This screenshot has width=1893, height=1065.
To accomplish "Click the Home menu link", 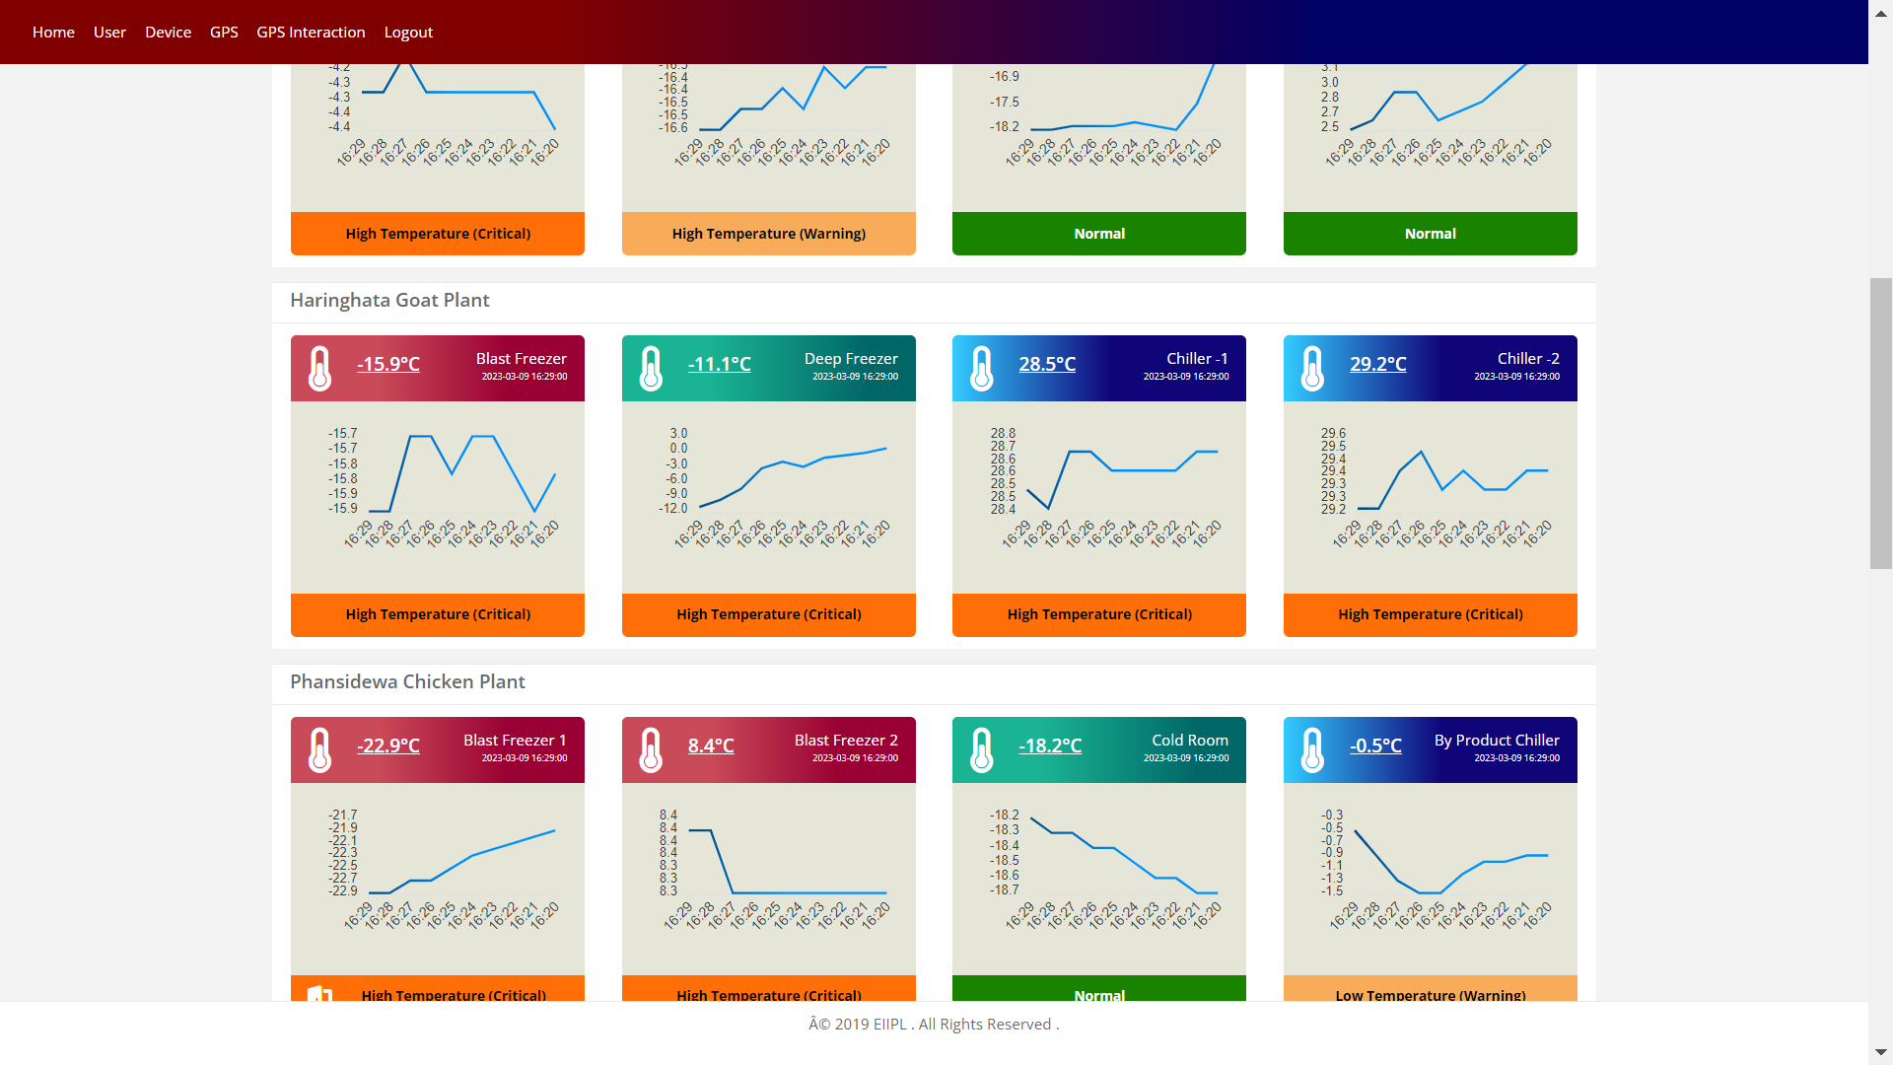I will pos(53,33).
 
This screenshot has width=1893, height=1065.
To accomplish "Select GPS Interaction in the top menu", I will pos(311,33).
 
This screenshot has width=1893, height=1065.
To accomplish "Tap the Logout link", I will pos(408,33).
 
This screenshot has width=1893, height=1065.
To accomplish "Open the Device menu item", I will pos(168,33).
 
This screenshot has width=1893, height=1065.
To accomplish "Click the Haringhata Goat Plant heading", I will pos(389,301).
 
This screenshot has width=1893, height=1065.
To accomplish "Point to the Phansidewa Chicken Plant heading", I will pos(407,682).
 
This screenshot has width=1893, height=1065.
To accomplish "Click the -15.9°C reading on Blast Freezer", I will pos(388,365).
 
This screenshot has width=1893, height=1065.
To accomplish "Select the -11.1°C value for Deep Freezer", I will pos(719,365).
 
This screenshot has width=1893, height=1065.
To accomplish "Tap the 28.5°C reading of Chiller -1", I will pos(1047,365).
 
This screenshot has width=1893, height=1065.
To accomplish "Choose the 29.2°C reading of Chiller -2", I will pos(1377,365).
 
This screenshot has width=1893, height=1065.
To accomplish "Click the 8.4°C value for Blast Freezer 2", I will pos(711,746).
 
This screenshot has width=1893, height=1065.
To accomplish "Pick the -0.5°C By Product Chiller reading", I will pos(1375,746).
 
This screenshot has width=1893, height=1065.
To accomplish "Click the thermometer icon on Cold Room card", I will pos(982,750).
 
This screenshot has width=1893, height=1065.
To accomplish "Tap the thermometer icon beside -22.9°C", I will pos(320,750).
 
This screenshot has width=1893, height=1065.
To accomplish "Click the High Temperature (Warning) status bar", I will pos(768,234).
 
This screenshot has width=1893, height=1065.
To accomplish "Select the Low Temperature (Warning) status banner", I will pos(1430,991).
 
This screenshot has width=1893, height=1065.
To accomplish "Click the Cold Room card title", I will pos(1189,741).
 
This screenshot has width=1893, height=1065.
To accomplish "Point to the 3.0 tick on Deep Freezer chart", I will pos(678,434).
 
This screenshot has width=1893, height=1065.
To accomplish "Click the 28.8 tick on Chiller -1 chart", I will pos(1003,434).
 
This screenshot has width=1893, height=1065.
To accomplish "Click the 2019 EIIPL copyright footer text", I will pos(933,1025).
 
